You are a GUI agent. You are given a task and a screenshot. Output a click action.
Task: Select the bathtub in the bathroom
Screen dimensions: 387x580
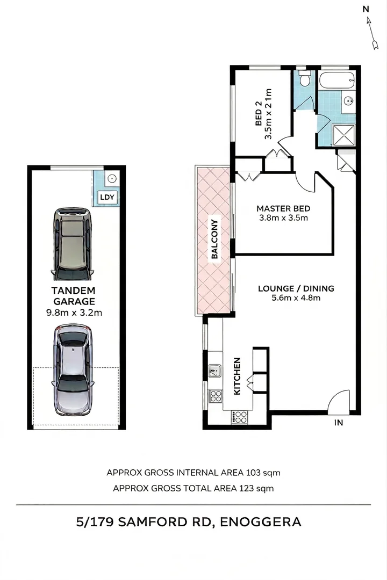[337, 81]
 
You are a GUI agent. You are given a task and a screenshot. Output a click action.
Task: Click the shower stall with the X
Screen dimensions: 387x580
[344, 135]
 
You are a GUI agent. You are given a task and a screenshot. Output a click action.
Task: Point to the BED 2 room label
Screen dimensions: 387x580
[259, 113]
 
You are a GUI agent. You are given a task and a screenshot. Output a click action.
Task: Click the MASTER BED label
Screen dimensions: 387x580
[283, 208]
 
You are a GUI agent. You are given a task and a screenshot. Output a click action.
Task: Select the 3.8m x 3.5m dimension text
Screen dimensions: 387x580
[284, 218]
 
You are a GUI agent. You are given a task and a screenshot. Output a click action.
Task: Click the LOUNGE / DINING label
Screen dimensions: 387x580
[296, 288]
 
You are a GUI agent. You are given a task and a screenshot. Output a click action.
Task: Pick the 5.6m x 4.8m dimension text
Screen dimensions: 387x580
[296, 298]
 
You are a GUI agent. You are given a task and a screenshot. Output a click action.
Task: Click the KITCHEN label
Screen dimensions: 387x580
[237, 376]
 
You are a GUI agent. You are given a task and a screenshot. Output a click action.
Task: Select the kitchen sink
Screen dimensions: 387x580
[214, 371]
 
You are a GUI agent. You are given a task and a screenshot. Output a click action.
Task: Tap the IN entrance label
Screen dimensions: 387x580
[339, 423]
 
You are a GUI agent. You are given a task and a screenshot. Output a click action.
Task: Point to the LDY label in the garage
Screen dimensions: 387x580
[107, 197]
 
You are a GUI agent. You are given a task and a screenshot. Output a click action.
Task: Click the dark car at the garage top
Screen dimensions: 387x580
[72, 244]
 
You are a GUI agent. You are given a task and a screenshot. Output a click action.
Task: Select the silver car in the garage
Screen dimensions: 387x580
[73, 369]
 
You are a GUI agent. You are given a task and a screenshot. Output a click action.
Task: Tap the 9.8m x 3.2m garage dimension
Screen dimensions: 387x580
[74, 313]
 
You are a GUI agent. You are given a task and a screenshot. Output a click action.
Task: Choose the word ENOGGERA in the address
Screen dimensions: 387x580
[260, 522]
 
